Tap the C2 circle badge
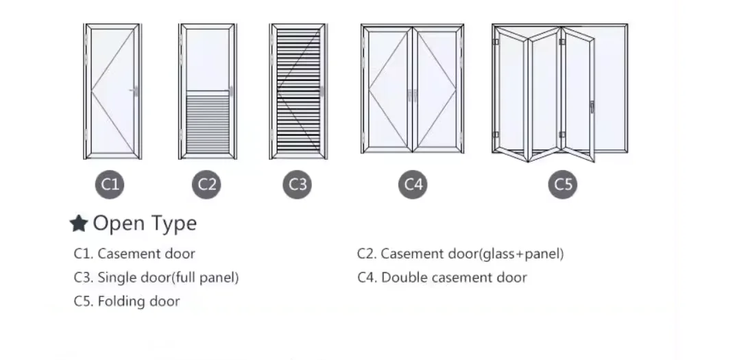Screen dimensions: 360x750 tap(206, 184)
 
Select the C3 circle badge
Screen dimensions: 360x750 tap(298, 184)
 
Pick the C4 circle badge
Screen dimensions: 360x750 tap(413, 184)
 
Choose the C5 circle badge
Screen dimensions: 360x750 tap(562, 184)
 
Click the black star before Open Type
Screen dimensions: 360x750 tap(79, 224)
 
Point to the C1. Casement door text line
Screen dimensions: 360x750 tap(134, 254)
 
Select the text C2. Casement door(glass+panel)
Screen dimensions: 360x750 tap(460, 254)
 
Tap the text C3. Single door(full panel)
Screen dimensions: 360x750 tap(156, 278)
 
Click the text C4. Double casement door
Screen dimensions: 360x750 tap(442, 278)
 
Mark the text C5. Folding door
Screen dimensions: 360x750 tap(127, 301)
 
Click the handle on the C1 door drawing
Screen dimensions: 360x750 tap(136, 91)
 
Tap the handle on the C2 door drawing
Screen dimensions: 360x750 tap(231, 91)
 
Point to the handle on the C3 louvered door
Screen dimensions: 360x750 tap(321, 91)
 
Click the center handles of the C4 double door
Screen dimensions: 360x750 tap(413, 95)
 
